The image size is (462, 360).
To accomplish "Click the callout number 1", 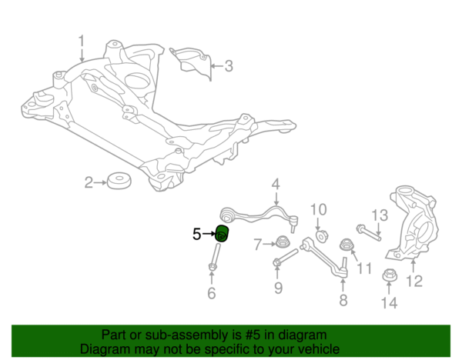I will coord(82,40).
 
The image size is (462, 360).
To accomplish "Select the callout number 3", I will coord(229,66).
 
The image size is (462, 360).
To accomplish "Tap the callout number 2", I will coord(89,182).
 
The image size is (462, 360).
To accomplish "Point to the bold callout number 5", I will coord(197,233).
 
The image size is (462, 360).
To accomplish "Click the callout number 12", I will coord(414,282).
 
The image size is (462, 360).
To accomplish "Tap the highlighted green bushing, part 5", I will coord(222,234).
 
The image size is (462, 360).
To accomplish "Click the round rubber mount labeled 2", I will coord(119,182).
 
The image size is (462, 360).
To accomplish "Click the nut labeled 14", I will coord(389,275).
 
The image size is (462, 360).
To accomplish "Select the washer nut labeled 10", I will coord(320,235).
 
